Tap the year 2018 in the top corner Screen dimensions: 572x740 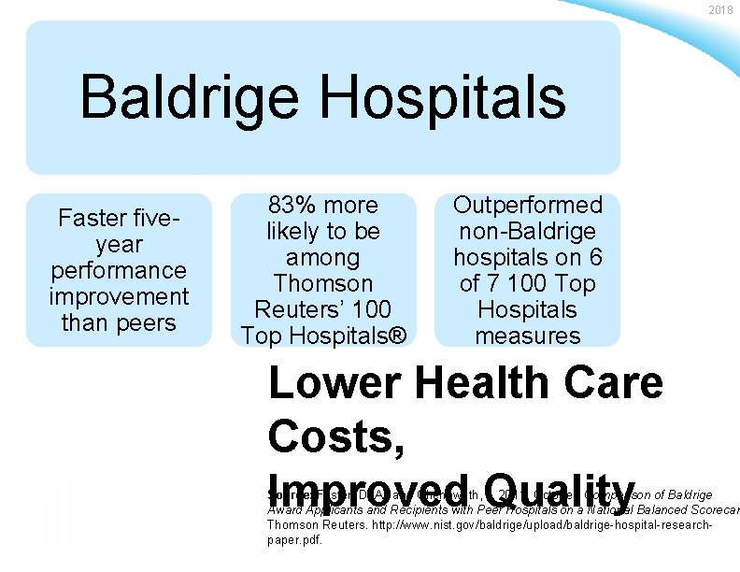point(720,10)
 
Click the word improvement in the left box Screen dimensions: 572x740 point(118,297)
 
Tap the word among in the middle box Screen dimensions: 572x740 point(322,258)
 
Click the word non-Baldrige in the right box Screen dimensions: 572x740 point(528,232)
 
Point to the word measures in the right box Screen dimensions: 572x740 point(528,336)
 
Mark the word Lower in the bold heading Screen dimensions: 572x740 point(332,384)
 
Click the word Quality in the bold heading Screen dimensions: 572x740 point(562,485)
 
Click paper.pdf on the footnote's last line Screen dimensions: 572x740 point(295,540)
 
